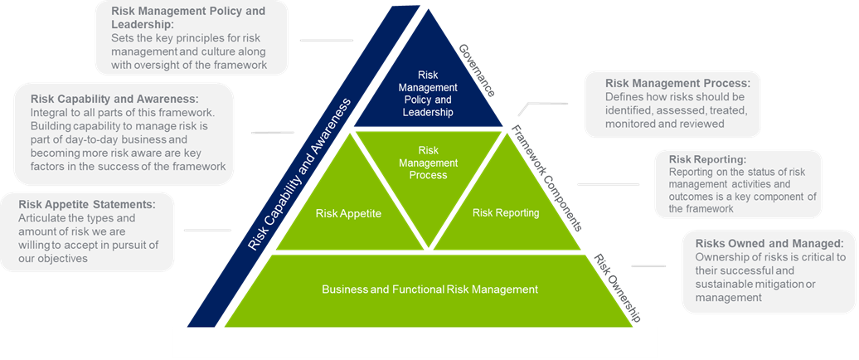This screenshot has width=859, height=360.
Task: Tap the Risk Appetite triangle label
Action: click(348, 213)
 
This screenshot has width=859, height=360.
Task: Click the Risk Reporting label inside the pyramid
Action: click(506, 213)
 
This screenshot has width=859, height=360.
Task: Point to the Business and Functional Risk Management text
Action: click(430, 289)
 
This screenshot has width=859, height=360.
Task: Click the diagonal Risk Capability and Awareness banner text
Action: click(299, 174)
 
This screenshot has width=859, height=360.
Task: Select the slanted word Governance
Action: click(477, 71)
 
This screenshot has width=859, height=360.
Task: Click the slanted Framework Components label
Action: click(546, 178)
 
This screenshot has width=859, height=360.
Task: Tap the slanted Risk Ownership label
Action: click(618, 287)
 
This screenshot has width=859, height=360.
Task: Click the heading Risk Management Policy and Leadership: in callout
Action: click(189, 18)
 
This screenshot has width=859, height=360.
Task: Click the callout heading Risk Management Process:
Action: click(677, 84)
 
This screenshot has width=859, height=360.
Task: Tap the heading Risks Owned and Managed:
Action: click(769, 244)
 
